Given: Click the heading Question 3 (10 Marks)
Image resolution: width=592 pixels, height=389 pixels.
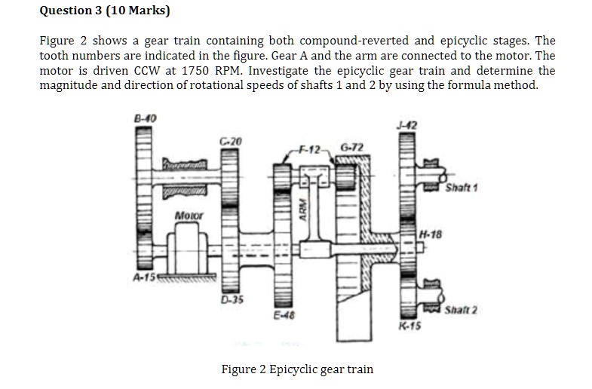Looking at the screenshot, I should coord(105,11).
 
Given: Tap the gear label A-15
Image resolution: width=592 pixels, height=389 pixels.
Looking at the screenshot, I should coord(143,276).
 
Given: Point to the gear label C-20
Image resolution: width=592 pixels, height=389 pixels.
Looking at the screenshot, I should coord(233,141).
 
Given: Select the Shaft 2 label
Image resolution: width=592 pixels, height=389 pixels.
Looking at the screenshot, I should coord(462,311).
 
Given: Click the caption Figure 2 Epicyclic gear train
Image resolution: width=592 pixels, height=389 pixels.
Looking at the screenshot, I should coord(296,369).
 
